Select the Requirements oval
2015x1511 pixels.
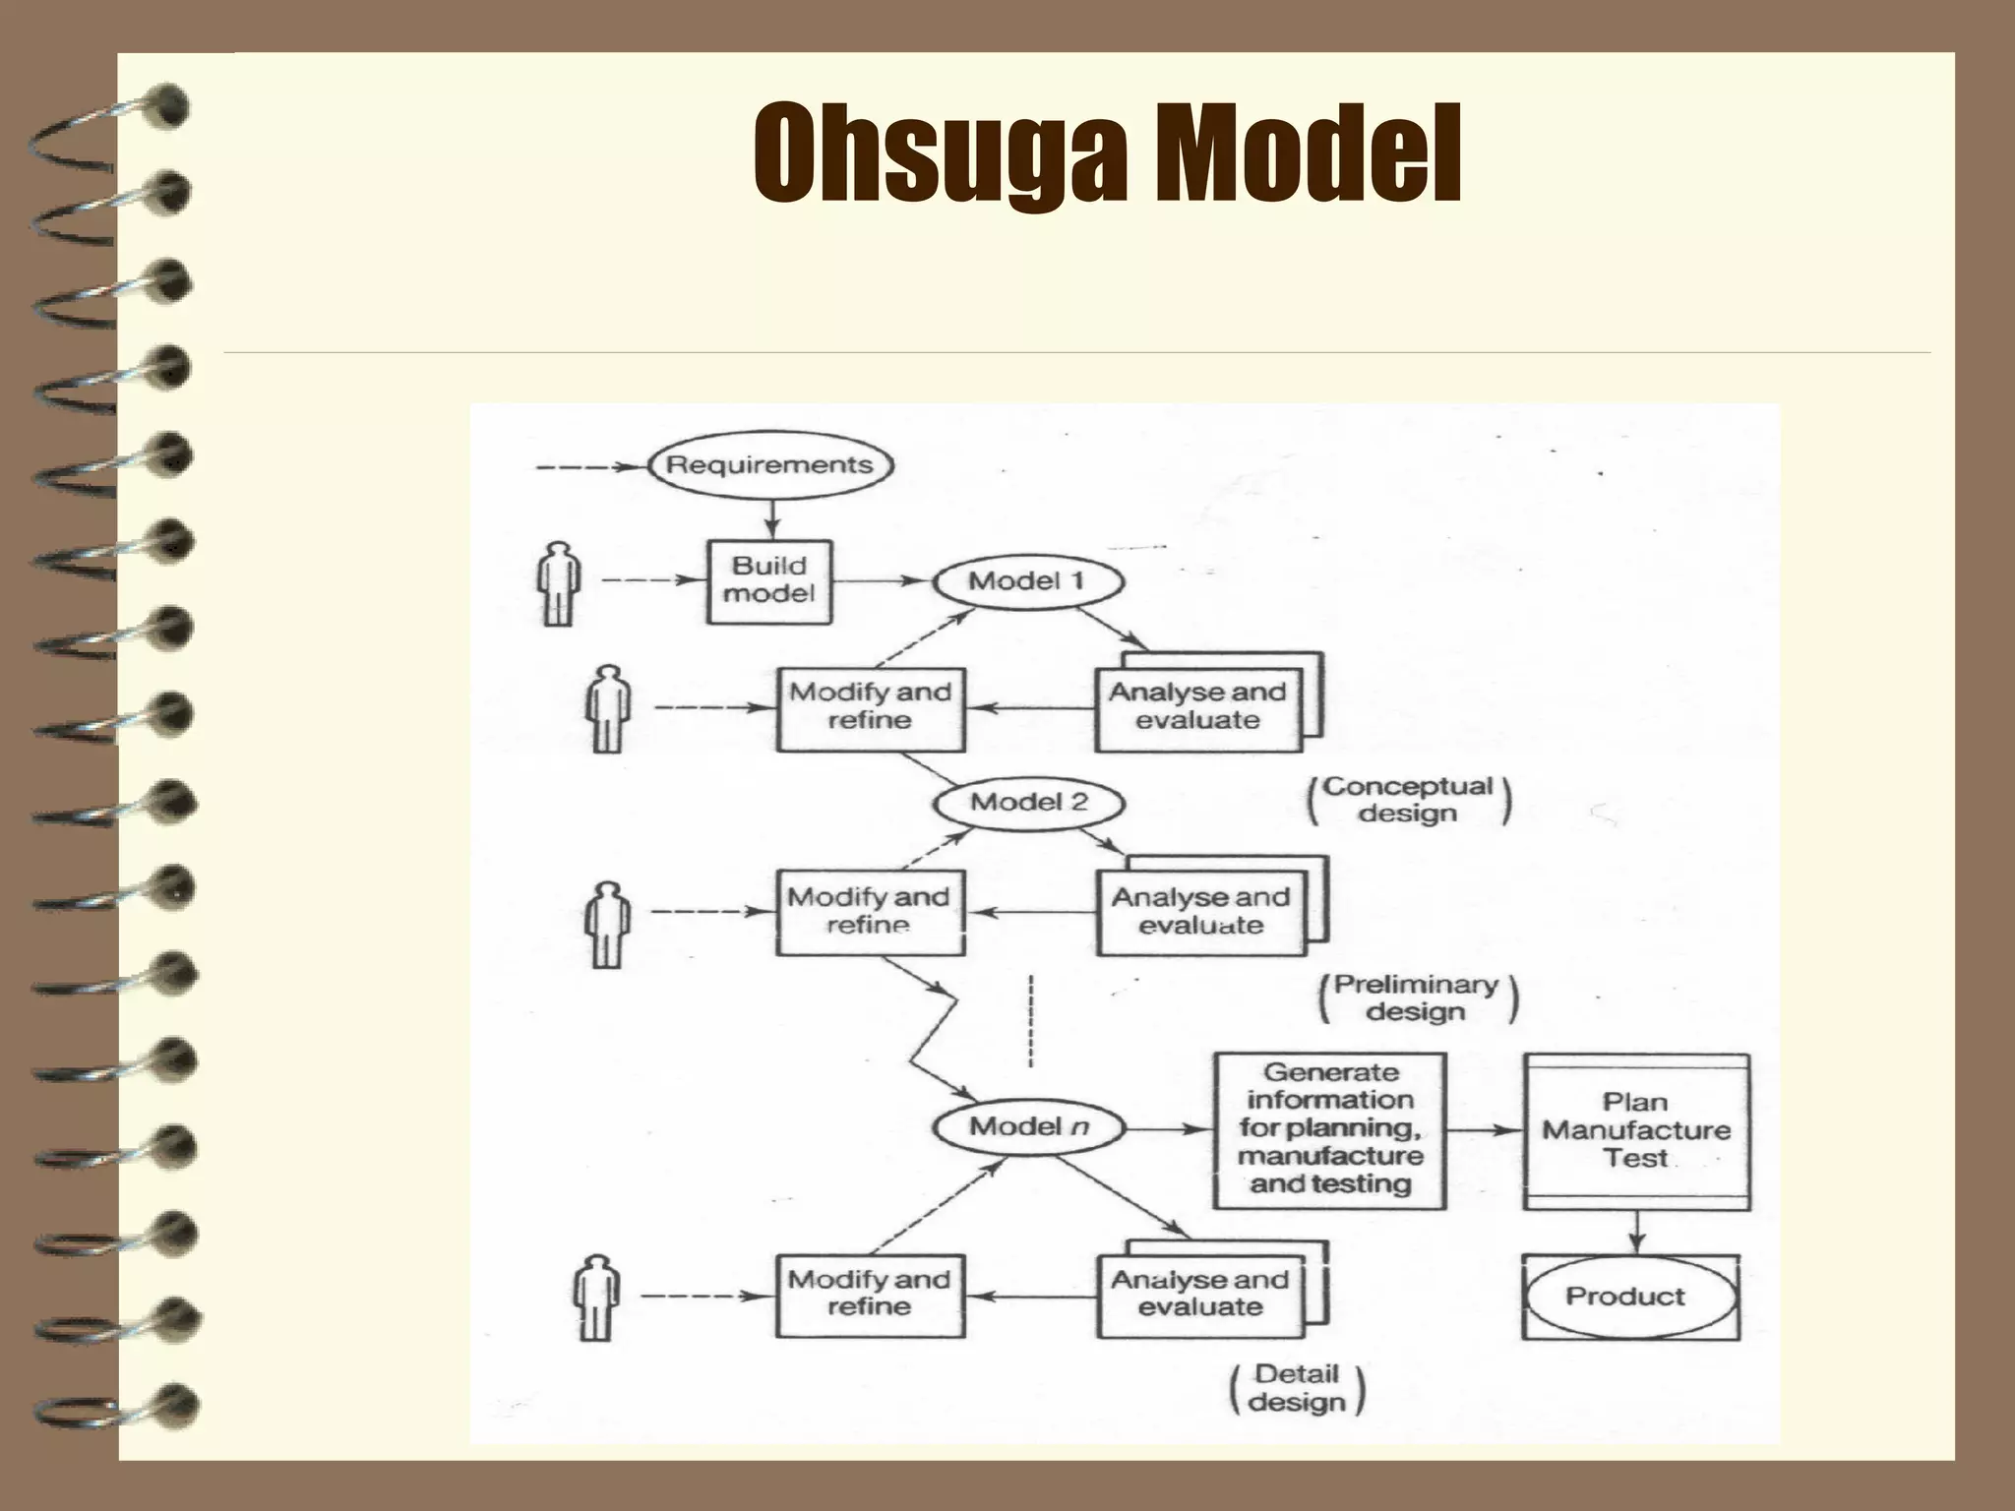coord(769,465)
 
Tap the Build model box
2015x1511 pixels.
coord(769,580)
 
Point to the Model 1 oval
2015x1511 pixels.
coord(1027,581)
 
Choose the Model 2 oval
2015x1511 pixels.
coord(1028,803)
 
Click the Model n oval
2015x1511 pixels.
coord(1028,1127)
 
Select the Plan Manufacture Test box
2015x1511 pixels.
coord(1635,1131)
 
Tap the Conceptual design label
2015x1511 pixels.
coord(1408,800)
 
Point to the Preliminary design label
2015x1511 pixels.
coord(1417,997)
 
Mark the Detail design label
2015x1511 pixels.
coord(1297,1388)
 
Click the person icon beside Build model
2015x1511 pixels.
coord(559,583)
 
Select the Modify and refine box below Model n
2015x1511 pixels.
coord(870,1295)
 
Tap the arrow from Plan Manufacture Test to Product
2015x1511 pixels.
coord(1636,1232)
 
